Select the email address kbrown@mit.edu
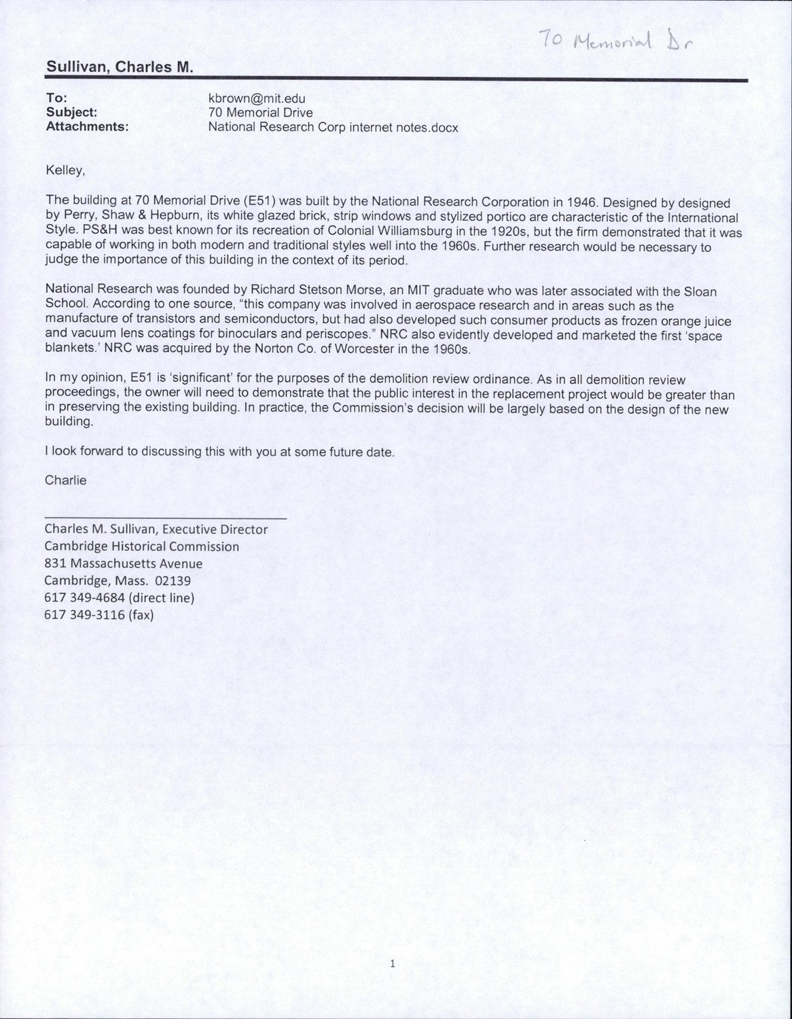pos(252,99)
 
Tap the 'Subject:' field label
pos(71,112)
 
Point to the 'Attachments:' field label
pos(87,126)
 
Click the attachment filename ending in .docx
pos(333,127)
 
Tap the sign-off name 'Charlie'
pos(65,480)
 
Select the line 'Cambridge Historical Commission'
pos(141,546)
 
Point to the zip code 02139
pos(173,582)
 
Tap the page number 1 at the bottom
pos(393,963)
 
